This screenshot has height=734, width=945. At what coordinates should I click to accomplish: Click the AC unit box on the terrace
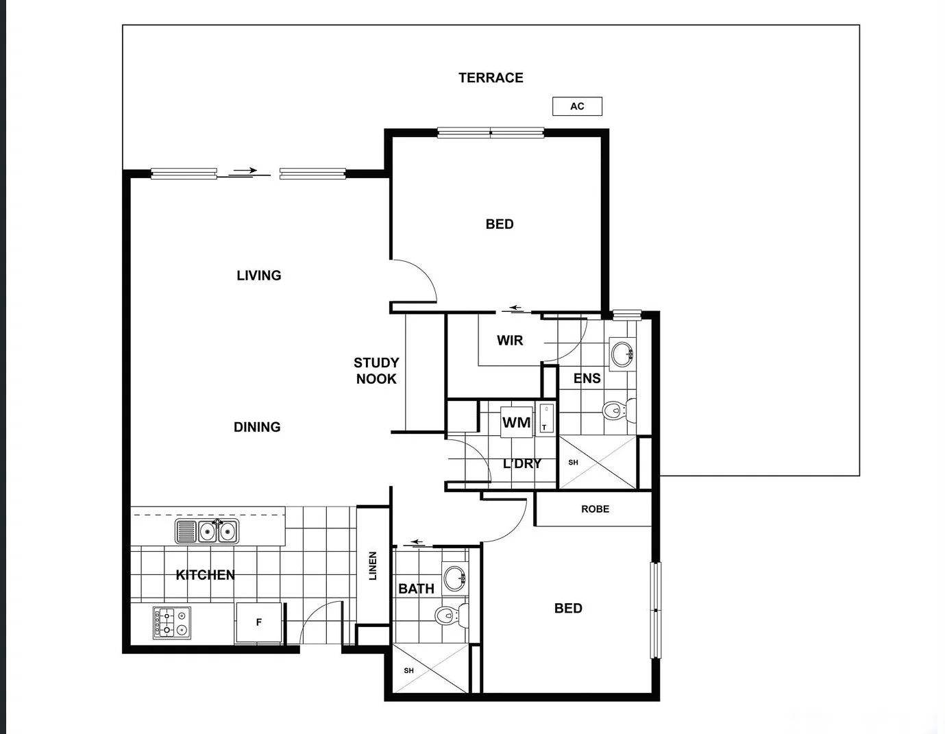[577, 106]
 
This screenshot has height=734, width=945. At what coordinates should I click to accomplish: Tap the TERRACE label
[491, 78]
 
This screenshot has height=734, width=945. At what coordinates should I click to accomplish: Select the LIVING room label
[259, 276]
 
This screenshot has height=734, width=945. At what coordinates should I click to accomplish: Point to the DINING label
[257, 427]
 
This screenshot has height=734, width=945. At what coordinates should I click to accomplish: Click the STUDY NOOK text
[376, 371]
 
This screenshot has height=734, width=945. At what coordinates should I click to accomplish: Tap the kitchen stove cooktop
[172, 622]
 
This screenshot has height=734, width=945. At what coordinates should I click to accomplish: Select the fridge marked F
[258, 622]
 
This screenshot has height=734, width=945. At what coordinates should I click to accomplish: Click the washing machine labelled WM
[516, 422]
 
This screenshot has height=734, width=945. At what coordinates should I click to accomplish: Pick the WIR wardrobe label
[510, 341]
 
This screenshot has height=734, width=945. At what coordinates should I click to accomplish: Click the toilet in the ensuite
[617, 411]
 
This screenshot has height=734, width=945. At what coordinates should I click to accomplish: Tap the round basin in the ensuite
[622, 354]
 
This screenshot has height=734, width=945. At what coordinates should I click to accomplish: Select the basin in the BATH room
[454, 578]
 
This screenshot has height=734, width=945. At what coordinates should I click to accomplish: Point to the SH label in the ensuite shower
[573, 463]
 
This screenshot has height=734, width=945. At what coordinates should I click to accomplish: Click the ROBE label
[595, 509]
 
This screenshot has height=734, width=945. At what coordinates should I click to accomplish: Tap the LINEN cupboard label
[373, 566]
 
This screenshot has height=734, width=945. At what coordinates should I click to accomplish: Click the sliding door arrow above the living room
[245, 171]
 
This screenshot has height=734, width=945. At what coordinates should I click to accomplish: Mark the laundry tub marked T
[546, 419]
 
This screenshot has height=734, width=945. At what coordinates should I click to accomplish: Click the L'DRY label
[522, 464]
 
